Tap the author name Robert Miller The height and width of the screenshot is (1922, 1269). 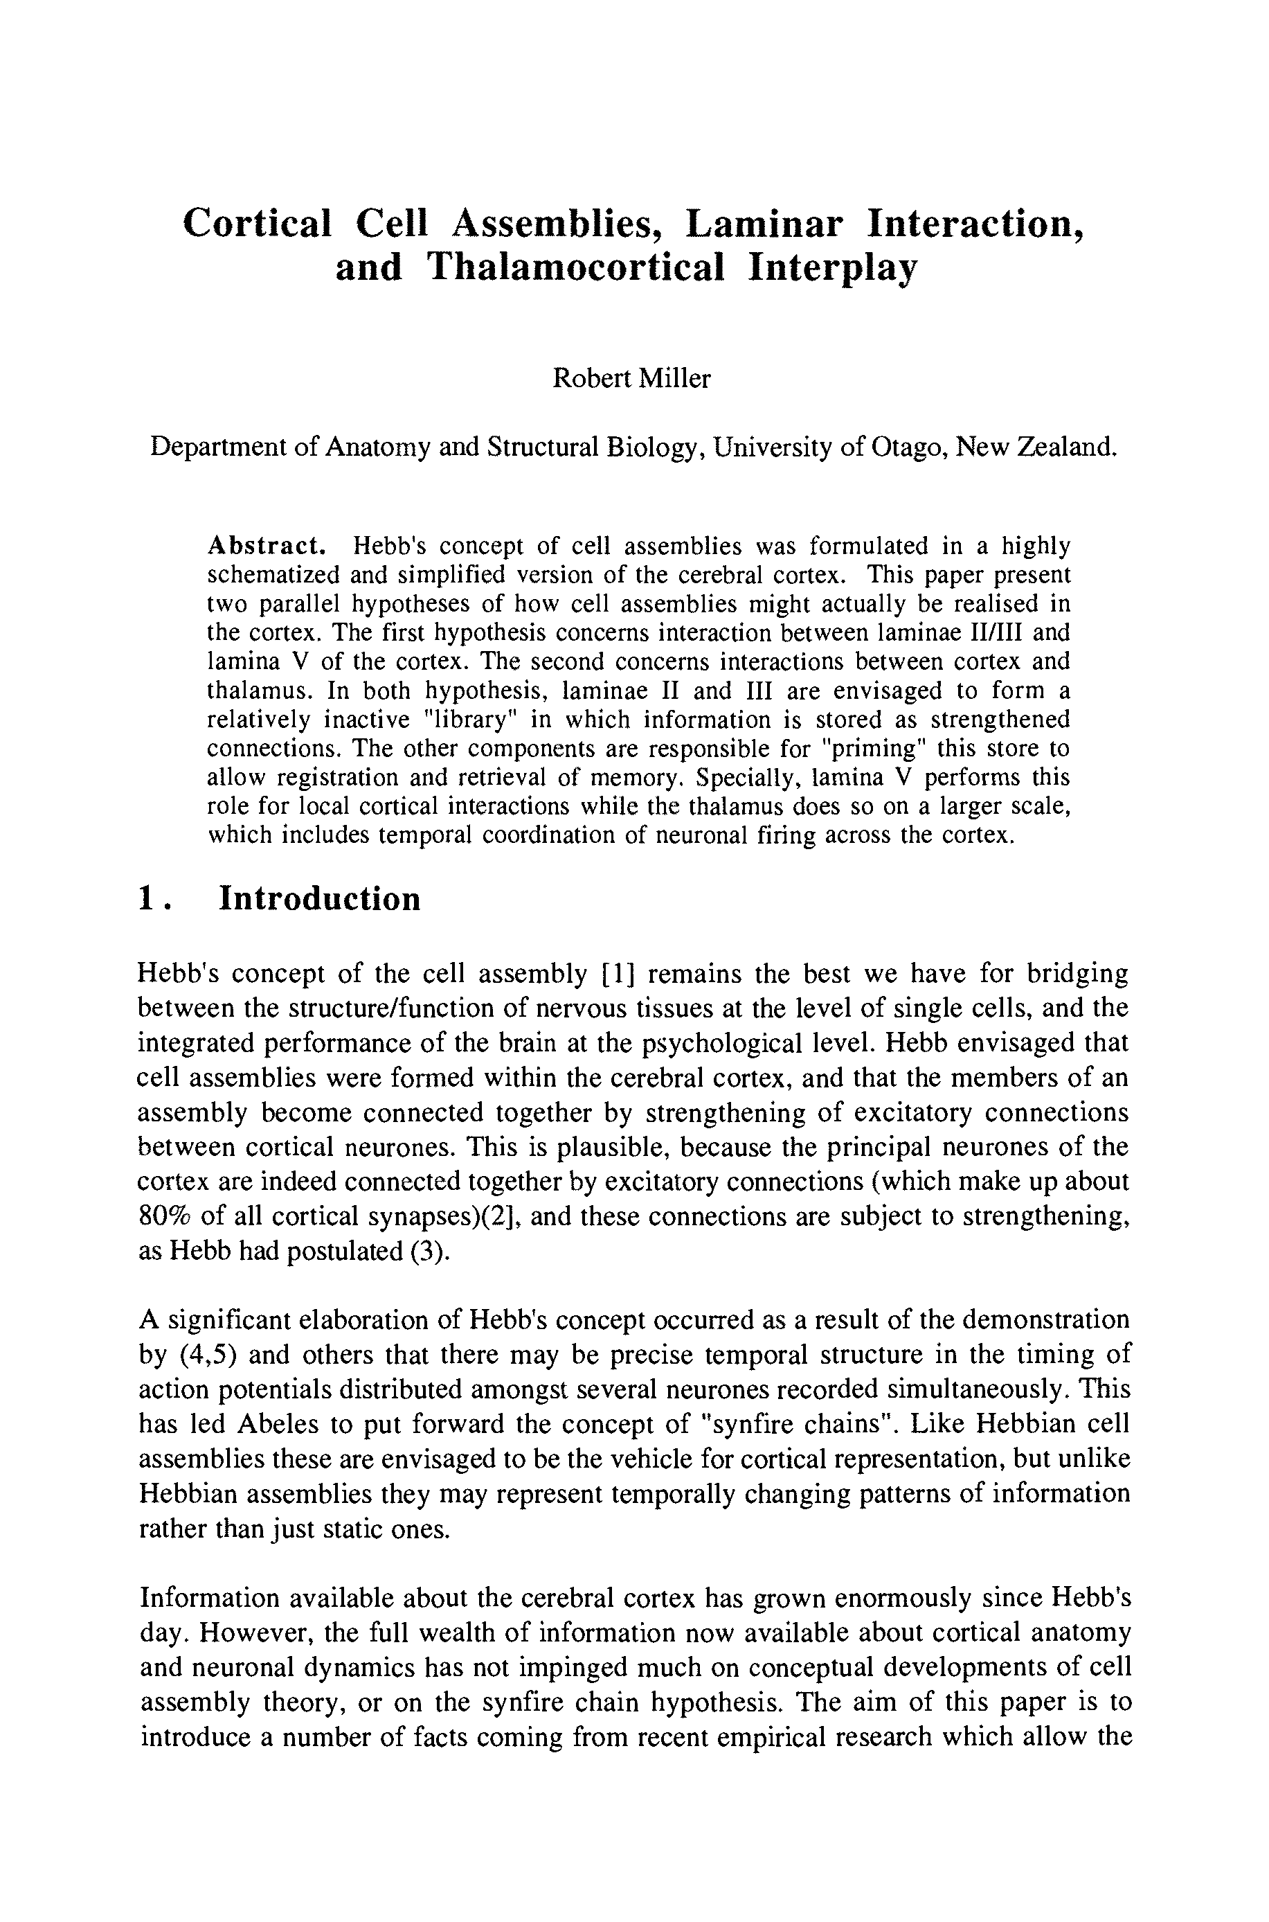631,378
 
